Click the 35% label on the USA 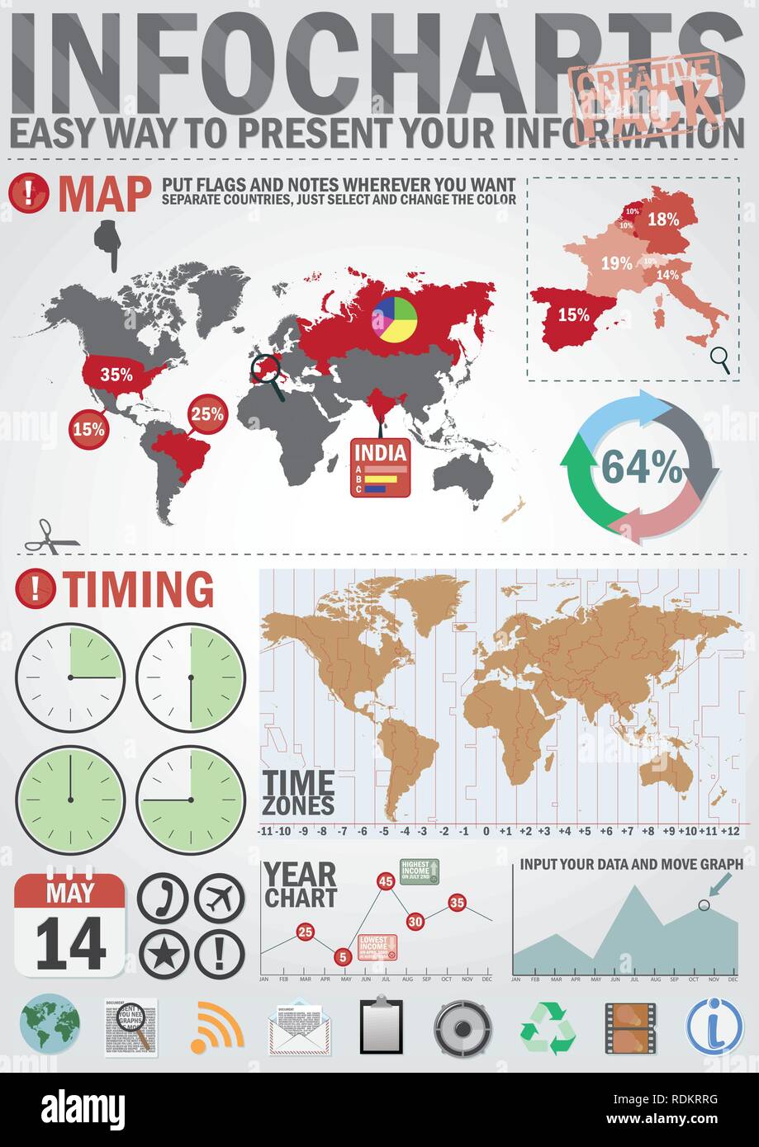(116, 374)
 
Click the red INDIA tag (380, 467)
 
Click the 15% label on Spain (573, 314)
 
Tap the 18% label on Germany (662, 219)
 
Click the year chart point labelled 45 (385, 881)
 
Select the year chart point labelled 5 (344, 957)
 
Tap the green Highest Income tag (419, 871)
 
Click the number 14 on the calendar (70, 943)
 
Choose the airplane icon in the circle (219, 898)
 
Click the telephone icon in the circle (163, 898)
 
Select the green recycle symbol (548, 1028)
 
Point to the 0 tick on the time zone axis (486, 831)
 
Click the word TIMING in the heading (139, 590)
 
